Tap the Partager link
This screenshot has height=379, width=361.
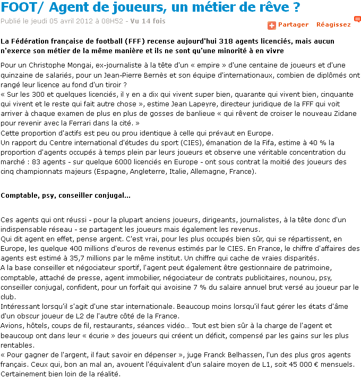tap(293, 24)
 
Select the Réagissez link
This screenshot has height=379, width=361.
tap(333, 24)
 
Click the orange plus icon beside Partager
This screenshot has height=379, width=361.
tap(271, 25)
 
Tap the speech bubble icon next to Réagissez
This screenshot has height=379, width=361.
tap(357, 20)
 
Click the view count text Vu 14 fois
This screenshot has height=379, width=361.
tap(149, 21)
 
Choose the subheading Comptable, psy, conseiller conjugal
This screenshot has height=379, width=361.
tap(65, 195)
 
